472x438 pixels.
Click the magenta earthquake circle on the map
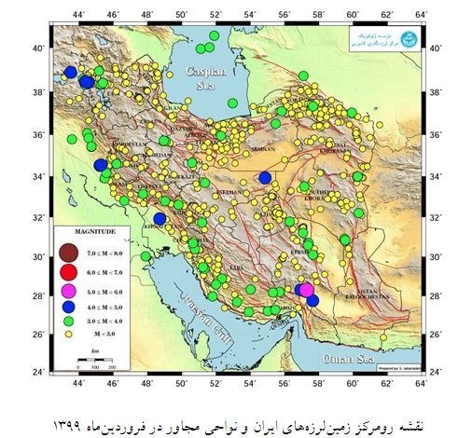pos(306,290)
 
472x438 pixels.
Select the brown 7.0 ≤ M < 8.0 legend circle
pos(67,252)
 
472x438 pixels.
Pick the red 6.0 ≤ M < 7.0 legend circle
pos(67,272)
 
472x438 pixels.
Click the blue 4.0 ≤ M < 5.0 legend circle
pos(67,307)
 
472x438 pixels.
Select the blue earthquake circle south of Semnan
pos(266,177)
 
